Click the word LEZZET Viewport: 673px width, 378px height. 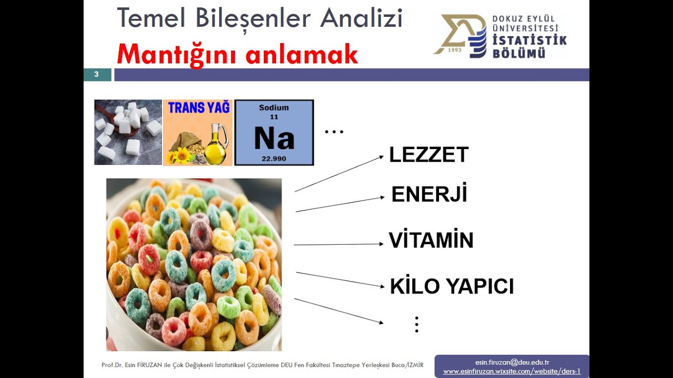(x=429, y=155)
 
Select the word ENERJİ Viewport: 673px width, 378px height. (x=429, y=195)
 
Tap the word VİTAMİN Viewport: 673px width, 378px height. (x=431, y=240)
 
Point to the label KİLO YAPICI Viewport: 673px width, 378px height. (x=452, y=287)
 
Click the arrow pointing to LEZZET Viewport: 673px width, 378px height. (x=339, y=174)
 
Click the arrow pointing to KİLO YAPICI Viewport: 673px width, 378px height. (x=340, y=279)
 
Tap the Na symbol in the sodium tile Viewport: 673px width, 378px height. (x=274, y=139)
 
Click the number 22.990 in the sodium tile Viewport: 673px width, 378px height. (x=274, y=158)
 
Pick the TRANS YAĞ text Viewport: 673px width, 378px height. (x=199, y=108)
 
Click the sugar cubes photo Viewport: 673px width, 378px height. (x=128, y=132)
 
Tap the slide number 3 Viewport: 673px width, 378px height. (x=97, y=75)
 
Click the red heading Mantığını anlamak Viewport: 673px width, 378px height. (x=237, y=54)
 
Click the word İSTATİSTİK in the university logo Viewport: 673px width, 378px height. (x=529, y=41)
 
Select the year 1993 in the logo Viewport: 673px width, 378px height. (x=455, y=50)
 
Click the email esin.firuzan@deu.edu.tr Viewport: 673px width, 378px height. (x=512, y=362)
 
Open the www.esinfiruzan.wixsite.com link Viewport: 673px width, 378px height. (x=512, y=371)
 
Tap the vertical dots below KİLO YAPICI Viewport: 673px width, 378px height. (x=416, y=324)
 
